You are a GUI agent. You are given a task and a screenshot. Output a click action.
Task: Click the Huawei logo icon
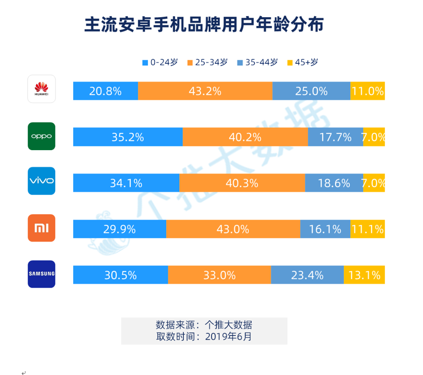coord(42,89)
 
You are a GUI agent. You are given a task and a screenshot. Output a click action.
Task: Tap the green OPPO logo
coord(42,136)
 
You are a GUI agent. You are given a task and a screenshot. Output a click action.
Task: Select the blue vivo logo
coord(42,181)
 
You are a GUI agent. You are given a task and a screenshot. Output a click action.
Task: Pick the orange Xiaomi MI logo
coord(42,228)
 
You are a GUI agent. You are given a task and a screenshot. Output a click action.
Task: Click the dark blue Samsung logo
coord(42,274)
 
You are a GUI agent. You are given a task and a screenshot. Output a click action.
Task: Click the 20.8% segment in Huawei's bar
coord(105,91)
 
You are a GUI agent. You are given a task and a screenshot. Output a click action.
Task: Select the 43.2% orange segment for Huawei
coord(205,91)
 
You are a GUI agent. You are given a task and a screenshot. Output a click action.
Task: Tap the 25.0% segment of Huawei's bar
coord(311,91)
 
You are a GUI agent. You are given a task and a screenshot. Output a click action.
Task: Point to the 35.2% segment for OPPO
coord(127,137)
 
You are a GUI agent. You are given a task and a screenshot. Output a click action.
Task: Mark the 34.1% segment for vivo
coord(126,183)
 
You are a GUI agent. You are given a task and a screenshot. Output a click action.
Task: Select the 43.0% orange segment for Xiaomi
coord(233,229)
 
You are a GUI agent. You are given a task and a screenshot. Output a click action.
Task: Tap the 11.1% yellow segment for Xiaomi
coord(368,229)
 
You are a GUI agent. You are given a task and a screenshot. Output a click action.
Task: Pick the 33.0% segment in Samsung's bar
coord(219,275)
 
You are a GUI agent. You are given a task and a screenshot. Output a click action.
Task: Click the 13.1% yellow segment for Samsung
coord(364,275)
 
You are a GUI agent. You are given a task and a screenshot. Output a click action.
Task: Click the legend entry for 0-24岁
coord(160,63)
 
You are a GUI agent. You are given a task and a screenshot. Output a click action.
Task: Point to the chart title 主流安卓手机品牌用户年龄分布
coord(204,25)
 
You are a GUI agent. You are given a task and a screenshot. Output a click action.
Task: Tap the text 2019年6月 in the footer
coord(228,336)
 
